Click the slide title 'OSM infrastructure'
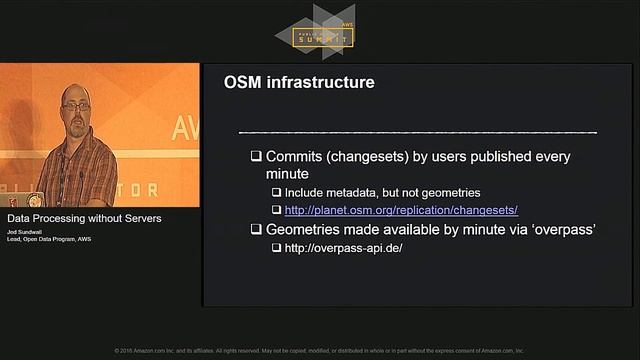pos(299,82)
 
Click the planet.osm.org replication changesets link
pos(400,210)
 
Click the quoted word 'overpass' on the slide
pos(561,229)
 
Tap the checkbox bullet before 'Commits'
pos(256,157)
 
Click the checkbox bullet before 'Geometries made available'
pos(256,229)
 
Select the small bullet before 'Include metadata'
pos(277,192)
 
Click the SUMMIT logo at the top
pos(322,36)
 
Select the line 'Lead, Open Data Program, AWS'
pos(50,240)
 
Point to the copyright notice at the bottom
pos(320,351)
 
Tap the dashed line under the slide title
pos(418,132)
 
